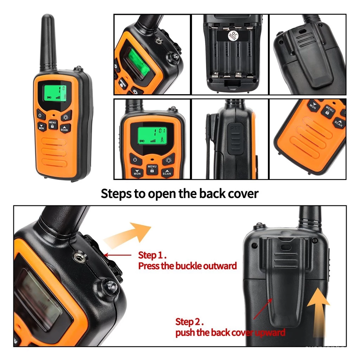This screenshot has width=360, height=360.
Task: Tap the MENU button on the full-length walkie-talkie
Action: [x=52, y=124]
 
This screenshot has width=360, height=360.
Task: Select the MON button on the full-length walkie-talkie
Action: [x=41, y=127]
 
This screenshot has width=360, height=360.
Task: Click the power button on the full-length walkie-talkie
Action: [x=40, y=115]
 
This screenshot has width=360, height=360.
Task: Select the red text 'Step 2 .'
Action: [x=189, y=322]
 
